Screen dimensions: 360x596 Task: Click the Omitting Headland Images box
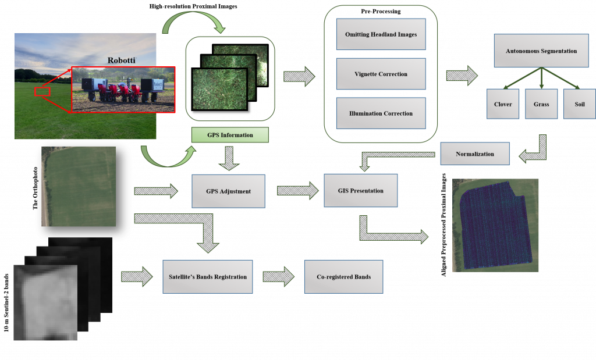[381, 35]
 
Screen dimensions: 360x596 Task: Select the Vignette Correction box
[381, 74]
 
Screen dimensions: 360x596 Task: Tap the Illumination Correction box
[381, 113]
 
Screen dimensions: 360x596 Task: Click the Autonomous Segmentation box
[541, 51]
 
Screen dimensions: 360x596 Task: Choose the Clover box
[503, 104]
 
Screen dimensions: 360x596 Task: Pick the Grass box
[541, 104]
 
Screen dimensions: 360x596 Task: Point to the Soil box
[579, 104]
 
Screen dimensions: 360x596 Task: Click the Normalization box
[475, 154]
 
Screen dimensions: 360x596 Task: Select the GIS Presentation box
[361, 190]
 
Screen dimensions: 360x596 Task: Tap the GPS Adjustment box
[228, 191]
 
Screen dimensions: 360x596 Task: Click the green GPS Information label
[230, 135]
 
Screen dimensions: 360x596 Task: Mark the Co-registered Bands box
[343, 277]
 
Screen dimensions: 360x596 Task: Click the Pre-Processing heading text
[381, 11]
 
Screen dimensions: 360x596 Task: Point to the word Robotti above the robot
[121, 60]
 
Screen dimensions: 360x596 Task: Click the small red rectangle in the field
[42, 91]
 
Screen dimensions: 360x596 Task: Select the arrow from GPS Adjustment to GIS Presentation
[296, 190]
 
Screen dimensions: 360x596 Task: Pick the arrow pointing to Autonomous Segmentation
[462, 76]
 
